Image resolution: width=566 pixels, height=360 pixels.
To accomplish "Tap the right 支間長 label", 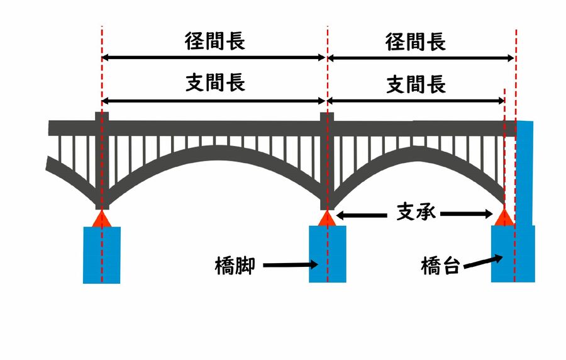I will click(416, 84).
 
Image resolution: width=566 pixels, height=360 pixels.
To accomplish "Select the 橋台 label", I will click(440, 266).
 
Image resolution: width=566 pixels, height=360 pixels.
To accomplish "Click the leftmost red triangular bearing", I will click(102, 219).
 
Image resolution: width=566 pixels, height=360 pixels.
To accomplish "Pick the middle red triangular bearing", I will click(326, 218).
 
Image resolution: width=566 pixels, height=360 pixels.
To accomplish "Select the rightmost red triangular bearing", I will click(504, 218).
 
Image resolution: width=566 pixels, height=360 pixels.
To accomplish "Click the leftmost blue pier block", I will click(102, 255).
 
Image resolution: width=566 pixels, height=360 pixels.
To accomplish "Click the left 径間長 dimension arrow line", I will click(214, 58).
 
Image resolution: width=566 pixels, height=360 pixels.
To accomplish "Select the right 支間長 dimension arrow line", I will click(416, 101).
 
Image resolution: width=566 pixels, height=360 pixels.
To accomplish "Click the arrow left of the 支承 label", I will click(361, 215).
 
